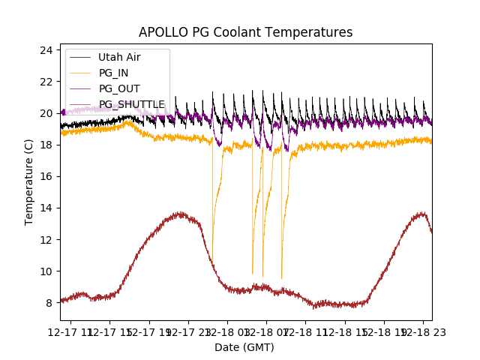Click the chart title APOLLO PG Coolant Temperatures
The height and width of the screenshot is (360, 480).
click(x=245, y=32)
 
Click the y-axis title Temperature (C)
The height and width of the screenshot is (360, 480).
click(x=29, y=181)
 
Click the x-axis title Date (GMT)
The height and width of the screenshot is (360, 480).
click(x=244, y=347)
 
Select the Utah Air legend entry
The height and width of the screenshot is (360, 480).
click(x=118, y=57)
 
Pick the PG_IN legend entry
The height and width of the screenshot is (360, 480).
click(x=113, y=73)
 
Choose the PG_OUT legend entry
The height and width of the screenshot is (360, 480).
click(x=119, y=88)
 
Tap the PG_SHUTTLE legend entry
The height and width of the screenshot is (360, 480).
click(x=131, y=104)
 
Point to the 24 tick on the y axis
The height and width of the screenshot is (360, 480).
click(x=46, y=50)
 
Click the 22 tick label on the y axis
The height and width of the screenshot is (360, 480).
click(x=46, y=82)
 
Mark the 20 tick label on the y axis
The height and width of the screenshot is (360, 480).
click(x=46, y=113)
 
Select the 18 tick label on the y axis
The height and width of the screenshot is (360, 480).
click(x=46, y=145)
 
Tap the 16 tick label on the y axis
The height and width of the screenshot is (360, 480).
click(x=46, y=176)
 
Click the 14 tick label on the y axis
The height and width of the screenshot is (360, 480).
click(x=46, y=208)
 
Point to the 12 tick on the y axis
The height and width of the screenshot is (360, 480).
click(x=46, y=239)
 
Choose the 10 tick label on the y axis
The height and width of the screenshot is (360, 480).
click(x=46, y=271)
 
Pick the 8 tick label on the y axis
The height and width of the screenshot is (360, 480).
click(x=49, y=303)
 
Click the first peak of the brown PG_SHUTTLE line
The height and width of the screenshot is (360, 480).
click(x=180, y=214)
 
